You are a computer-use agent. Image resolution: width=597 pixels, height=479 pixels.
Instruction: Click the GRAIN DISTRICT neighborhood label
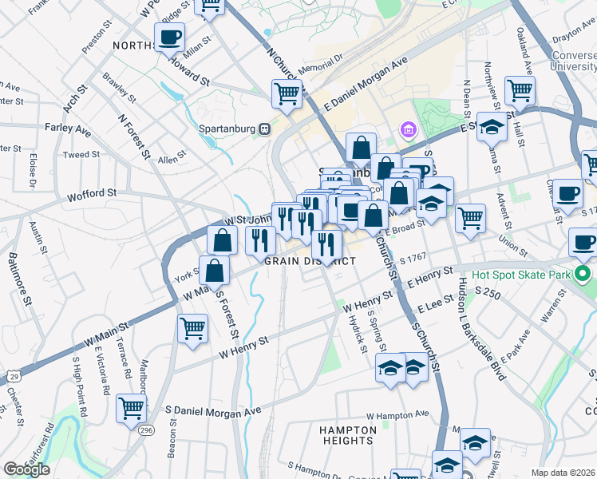pyautogui.click(x=310, y=261)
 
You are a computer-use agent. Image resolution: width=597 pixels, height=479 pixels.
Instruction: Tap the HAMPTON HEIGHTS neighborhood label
pyautogui.click(x=347, y=435)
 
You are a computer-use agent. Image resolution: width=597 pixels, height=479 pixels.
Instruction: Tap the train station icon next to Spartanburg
pyautogui.click(x=264, y=128)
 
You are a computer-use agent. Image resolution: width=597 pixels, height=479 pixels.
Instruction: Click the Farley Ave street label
pyautogui.click(x=68, y=128)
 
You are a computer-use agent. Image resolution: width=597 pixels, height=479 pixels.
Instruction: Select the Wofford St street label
pyautogui.click(x=92, y=193)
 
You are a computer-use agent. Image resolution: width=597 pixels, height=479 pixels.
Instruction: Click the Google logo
pyautogui.click(x=26, y=469)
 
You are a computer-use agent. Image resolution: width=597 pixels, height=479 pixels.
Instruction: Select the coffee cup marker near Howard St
pyautogui.click(x=169, y=36)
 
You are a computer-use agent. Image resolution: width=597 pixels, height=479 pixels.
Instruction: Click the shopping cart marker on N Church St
pyautogui.click(x=287, y=93)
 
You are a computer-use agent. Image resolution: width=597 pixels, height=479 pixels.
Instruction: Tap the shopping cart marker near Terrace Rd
pyautogui.click(x=131, y=407)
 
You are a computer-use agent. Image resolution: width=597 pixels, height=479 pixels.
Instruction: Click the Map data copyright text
pyautogui.click(x=563, y=473)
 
